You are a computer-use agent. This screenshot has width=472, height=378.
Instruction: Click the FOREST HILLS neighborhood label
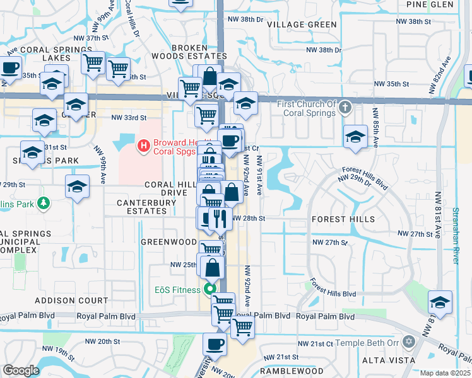click(343, 219)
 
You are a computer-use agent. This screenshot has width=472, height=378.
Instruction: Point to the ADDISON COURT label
click(63, 301)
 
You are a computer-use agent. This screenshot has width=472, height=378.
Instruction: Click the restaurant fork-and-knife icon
click(220, 218)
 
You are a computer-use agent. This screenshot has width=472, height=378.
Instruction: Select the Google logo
click(21, 371)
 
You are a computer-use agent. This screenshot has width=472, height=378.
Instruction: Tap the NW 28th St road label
click(248, 218)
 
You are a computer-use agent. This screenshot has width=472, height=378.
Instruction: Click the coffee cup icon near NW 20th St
click(215, 344)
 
